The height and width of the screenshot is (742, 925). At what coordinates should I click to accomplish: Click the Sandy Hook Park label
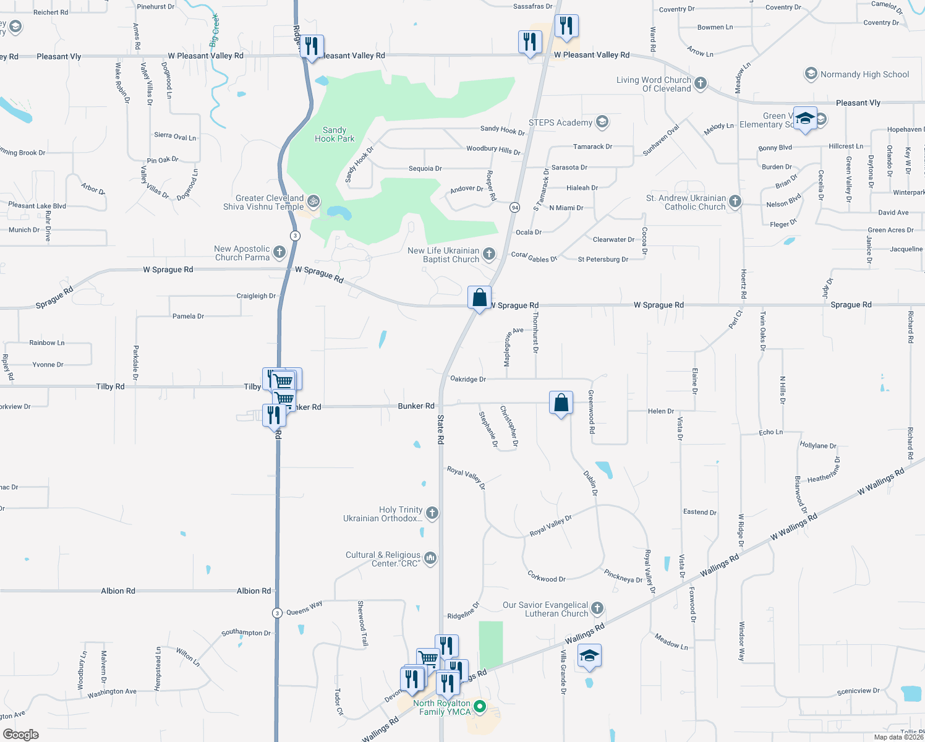coord(335,134)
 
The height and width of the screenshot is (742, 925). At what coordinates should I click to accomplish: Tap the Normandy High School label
coord(864,74)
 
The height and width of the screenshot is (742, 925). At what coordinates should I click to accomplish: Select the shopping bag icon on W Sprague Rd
coord(479,298)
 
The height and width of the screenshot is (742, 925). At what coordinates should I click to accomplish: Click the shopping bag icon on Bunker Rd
coord(561,403)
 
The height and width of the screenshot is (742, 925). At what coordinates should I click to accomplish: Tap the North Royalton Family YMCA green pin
coord(480,706)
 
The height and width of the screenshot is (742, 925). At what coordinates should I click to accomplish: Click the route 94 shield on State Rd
coord(514,207)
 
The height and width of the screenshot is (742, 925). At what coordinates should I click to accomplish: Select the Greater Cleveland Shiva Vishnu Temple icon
coord(313,200)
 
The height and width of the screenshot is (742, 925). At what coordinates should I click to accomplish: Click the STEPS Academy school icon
coord(602,122)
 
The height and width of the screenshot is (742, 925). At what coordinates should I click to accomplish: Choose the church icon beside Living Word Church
coord(701,83)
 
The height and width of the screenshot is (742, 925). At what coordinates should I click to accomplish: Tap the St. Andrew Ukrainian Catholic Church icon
coord(735,201)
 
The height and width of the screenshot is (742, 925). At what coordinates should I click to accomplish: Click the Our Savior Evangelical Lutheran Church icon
coord(597,608)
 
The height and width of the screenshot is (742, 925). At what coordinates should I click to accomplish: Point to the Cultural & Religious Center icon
coord(430,558)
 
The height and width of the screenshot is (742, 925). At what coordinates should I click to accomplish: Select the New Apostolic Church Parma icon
coord(279,252)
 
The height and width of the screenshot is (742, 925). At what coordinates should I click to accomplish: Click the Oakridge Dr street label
coord(468,379)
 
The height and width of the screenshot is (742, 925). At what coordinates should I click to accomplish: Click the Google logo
coord(20,734)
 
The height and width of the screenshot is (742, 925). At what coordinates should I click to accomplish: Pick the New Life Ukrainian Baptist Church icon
coord(489,254)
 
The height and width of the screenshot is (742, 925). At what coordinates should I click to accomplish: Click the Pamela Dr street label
coord(188,316)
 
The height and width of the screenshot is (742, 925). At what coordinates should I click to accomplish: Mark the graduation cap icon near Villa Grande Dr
coord(589,656)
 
